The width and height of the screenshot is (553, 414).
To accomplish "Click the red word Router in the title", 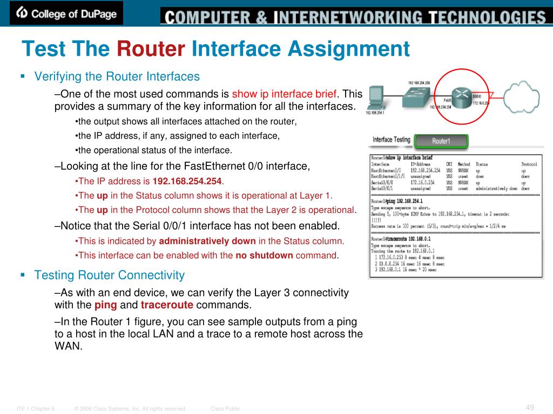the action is [150, 50].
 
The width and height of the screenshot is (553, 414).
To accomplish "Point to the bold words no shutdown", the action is [264, 256].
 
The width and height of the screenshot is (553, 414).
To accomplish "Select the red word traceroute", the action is [167, 306].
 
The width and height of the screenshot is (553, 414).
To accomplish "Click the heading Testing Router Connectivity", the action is [110, 275].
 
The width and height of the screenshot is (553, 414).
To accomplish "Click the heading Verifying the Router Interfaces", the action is [117, 77].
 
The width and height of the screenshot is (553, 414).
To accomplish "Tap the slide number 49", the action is [530, 407].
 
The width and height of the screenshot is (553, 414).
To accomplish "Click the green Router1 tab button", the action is [441, 141].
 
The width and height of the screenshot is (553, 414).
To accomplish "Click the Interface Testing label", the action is [392, 140].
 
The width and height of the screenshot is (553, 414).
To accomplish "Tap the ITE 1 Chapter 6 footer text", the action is [36, 409].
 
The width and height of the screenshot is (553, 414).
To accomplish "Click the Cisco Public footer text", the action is [225, 409].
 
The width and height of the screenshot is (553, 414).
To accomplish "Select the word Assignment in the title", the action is [349, 50].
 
